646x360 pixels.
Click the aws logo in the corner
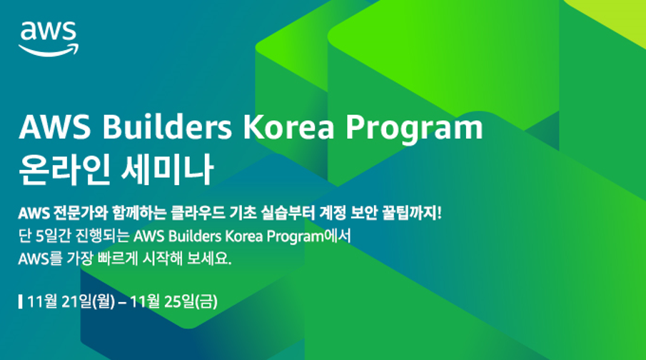pyautogui.click(x=49, y=39)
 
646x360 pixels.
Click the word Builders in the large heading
pyautogui.click(x=167, y=126)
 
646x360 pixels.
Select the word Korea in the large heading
pyautogui.click(x=289, y=126)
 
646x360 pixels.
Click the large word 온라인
pyautogui.click(x=65, y=169)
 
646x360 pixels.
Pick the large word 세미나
pyautogui.click(x=168, y=169)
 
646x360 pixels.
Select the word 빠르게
pyautogui.click(x=118, y=259)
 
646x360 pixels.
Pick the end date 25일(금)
pyautogui.click(x=191, y=302)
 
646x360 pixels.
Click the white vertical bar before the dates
pyautogui.click(x=21, y=302)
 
